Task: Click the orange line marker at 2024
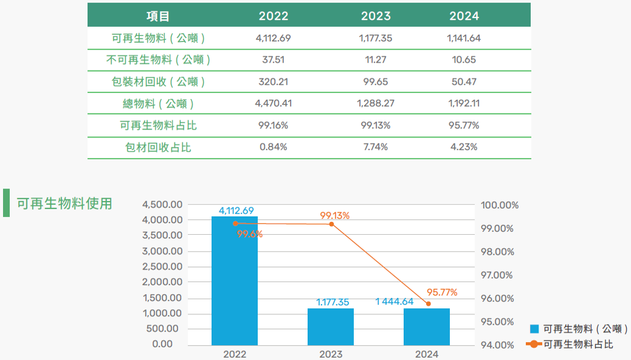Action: point(429,303)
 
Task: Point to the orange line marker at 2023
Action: point(331,224)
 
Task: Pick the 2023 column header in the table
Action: point(376,16)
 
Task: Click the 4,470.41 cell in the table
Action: point(274,103)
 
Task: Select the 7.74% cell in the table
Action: point(376,147)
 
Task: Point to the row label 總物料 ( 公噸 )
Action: point(159,103)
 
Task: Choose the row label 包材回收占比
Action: point(159,147)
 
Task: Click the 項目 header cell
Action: point(159,16)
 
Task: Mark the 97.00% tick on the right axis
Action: point(497,275)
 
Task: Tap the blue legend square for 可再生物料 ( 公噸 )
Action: point(535,329)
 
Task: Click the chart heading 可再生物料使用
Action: point(64,203)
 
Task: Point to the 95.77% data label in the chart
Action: point(443,292)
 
